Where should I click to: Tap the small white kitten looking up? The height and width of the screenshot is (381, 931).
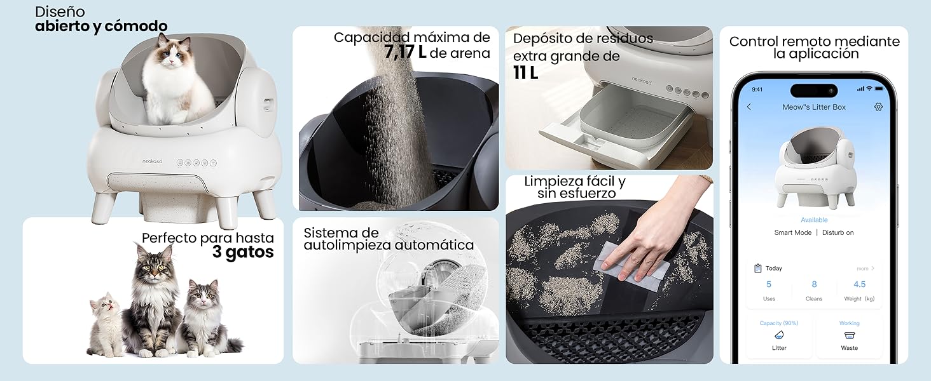pyautogui.click(x=105, y=324)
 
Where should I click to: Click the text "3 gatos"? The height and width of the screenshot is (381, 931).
pyautogui.click(x=243, y=253)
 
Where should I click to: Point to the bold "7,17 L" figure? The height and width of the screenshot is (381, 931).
pyautogui.click(x=405, y=53)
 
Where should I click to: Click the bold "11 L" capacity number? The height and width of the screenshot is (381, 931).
pyautogui.click(x=525, y=73)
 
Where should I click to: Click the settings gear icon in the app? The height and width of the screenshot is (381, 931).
pyautogui.click(x=878, y=107)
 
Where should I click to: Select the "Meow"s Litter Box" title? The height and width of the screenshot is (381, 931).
pyautogui.click(x=814, y=107)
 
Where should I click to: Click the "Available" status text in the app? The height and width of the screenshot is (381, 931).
pyautogui.click(x=814, y=220)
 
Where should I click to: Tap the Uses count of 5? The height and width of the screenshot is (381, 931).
pyautogui.click(x=769, y=284)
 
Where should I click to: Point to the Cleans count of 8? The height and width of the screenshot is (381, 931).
pyautogui.click(x=814, y=284)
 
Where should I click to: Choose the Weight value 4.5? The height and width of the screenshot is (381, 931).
pyautogui.click(x=859, y=284)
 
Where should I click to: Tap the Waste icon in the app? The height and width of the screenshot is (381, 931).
pyautogui.click(x=849, y=336)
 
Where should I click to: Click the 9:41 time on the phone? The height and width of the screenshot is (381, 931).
pyautogui.click(x=757, y=90)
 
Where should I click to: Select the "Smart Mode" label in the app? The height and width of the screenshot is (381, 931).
pyautogui.click(x=792, y=232)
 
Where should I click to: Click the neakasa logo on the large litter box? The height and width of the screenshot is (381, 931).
pyautogui.click(x=151, y=162)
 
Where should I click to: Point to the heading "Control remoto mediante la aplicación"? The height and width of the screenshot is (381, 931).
pyautogui.click(x=814, y=48)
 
